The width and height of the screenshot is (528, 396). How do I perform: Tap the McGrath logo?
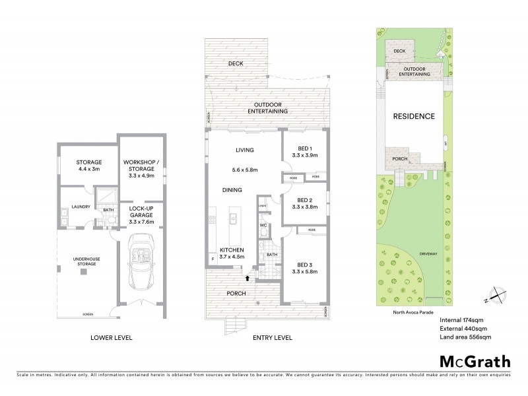475,361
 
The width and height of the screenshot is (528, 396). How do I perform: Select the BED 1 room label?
304,148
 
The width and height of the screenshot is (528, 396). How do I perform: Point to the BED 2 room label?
304,200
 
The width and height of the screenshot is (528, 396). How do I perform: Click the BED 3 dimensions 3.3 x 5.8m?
304,272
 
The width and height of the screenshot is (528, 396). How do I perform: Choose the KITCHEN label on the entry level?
232,249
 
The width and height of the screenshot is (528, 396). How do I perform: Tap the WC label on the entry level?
263,226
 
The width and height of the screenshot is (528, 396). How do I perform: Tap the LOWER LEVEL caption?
111,338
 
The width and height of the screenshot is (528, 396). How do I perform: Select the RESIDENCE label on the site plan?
414,116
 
